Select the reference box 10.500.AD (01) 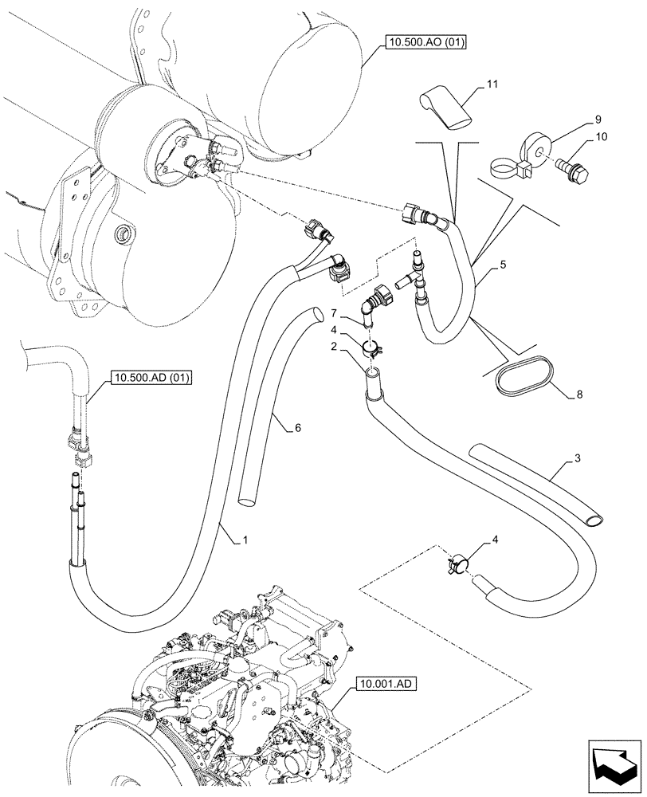(150, 378)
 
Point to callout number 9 (597, 120)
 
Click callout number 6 (297, 428)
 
